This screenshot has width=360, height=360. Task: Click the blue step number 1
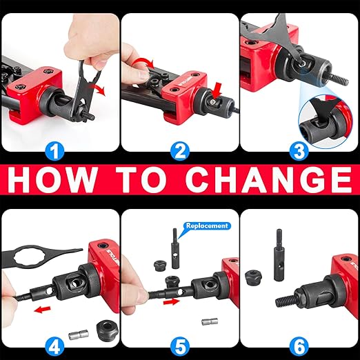pyautogui.click(x=54, y=151)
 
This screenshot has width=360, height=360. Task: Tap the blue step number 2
pyautogui.click(x=180, y=151)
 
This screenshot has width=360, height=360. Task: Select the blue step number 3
pyautogui.click(x=299, y=151)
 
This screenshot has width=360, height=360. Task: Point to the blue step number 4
pyautogui.click(x=54, y=347)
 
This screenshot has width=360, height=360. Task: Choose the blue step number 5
pyautogui.click(x=180, y=347)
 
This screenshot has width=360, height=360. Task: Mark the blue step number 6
pyautogui.click(x=299, y=347)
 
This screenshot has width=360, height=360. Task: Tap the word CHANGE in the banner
pyautogui.click(x=268, y=179)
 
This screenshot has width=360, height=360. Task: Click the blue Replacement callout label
pyautogui.click(x=207, y=226)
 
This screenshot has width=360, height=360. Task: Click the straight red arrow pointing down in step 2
pyautogui.click(x=217, y=92)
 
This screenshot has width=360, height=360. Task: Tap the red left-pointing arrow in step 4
pyautogui.click(x=42, y=310)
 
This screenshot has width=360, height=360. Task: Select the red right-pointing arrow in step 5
pyautogui.click(x=172, y=301)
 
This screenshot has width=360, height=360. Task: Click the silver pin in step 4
pyautogui.click(x=79, y=335)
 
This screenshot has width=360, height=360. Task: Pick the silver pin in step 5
pyautogui.click(x=210, y=321)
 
